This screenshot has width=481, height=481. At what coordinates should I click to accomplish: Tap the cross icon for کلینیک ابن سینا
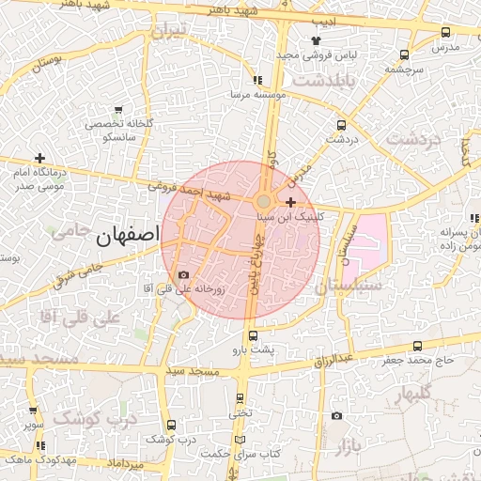[291, 202]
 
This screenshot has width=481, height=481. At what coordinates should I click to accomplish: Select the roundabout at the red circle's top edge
[264, 202]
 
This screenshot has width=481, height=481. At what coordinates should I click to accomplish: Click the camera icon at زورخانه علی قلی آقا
[183, 274]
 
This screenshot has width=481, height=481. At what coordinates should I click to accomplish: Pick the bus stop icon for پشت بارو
[253, 335]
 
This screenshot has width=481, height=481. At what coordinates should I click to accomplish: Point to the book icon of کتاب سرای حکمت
[240, 441]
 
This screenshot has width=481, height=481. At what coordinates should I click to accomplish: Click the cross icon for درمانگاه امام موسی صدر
[39, 159]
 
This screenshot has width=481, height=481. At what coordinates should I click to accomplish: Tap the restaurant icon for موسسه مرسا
[257, 81]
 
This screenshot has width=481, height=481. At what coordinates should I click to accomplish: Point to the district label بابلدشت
[327, 80]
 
